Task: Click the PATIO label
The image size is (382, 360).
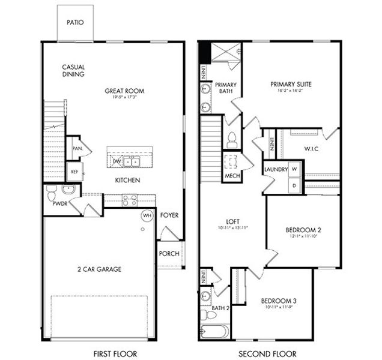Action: point(76,23)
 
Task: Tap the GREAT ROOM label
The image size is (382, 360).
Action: point(124,91)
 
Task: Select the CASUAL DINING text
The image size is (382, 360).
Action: point(73,71)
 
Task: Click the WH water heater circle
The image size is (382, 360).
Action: point(147,215)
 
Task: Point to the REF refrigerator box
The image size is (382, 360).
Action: point(74,172)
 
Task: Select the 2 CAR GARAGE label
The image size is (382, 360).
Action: point(100,269)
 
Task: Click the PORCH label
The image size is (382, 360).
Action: point(169,253)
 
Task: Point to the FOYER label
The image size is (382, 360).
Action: point(169,215)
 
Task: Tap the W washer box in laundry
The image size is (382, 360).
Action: point(294,170)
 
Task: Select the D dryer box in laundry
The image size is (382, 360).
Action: point(294,186)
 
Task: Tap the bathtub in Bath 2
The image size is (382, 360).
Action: point(214,332)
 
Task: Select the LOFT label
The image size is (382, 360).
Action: point(232,220)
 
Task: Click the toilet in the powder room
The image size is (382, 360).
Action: point(52,194)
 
